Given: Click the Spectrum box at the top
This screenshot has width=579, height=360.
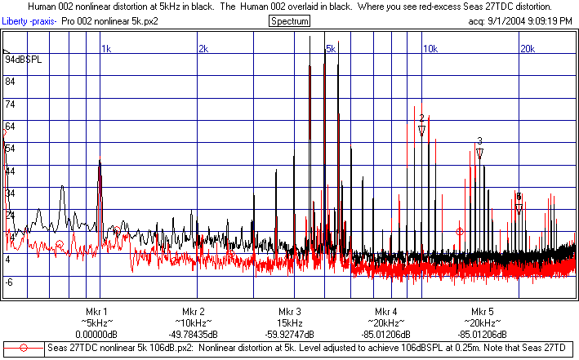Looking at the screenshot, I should pyautogui.click(x=288, y=20).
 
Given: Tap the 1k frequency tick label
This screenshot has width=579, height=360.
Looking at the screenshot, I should pyautogui.click(x=106, y=50).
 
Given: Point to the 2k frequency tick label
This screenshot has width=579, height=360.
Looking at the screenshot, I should pyautogui.click(x=204, y=50).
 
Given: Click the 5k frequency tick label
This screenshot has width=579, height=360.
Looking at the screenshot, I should pyautogui.click(x=332, y=50).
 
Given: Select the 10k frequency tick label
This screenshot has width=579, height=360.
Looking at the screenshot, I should pyautogui.click(x=429, y=50).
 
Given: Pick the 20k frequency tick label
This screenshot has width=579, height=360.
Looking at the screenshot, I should pyautogui.click(x=527, y=50).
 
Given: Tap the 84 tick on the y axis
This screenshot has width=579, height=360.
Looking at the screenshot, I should pyautogui.click(x=11, y=82).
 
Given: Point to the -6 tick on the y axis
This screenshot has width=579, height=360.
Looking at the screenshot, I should pyautogui.click(x=10, y=282).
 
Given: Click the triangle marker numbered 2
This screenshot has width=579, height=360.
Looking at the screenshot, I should pyautogui.click(x=421, y=131).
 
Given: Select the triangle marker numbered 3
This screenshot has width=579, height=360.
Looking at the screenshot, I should pyautogui.click(x=480, y=153).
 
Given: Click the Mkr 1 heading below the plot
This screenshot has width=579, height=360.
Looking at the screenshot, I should pyautogui.click(x=96, y=312).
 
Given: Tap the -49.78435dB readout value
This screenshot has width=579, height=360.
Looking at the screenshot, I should pyautogui.click(x=189, y=334).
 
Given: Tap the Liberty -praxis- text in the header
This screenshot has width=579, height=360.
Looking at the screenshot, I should pyautogui.click(x=29, y=20).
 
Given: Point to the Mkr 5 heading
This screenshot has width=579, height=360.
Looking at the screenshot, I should pyautogui.click(x=483, y=312).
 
